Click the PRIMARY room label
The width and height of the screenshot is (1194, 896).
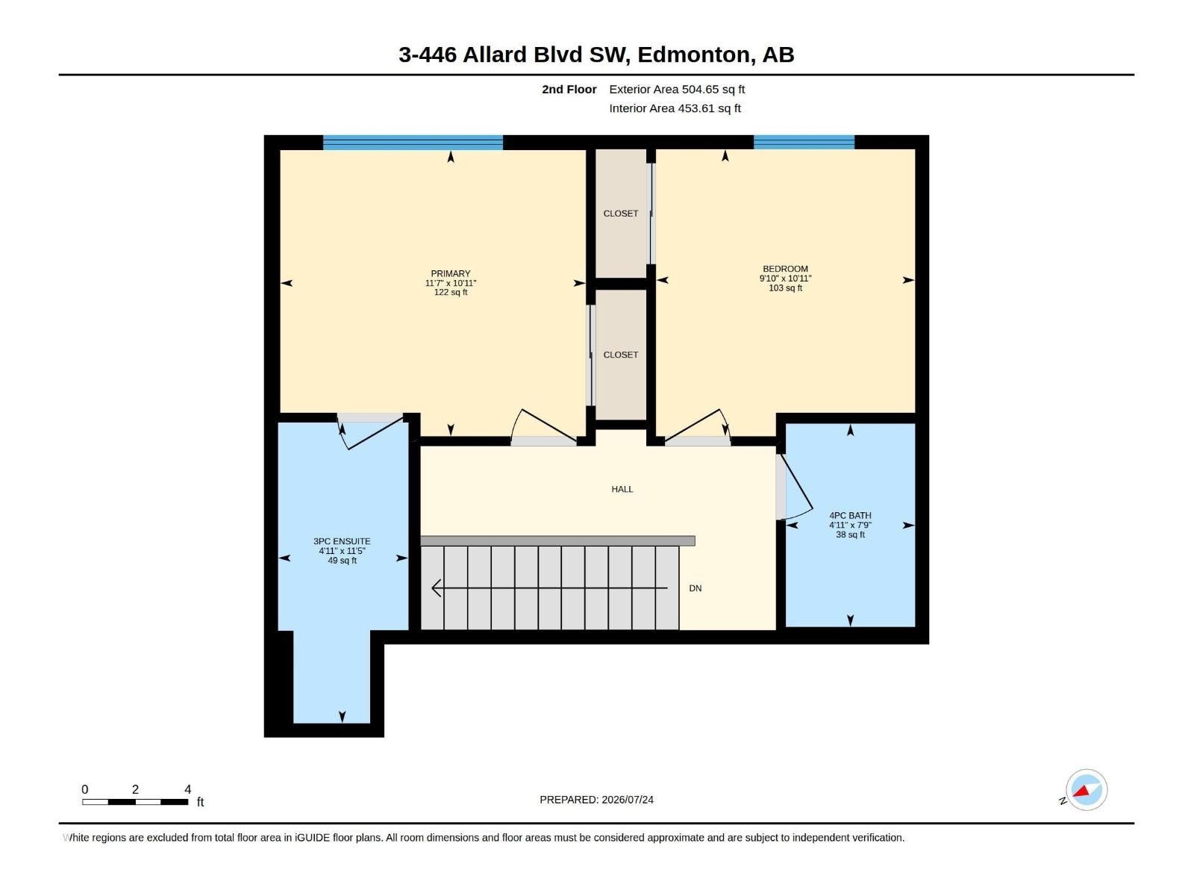[451, 273]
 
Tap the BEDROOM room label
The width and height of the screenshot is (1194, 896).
[785, 269]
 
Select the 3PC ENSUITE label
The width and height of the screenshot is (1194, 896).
[342, 541]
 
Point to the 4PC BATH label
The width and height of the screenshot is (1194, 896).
[850, 515]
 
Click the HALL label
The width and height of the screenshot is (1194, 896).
[622, 489]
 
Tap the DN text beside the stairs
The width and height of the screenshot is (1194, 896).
[696, 588]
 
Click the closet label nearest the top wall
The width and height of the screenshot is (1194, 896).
[621, 214]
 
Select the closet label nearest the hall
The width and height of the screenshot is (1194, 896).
[621, 355]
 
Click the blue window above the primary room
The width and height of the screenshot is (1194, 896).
[413, 143]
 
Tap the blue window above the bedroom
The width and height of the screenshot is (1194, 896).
[804, 142]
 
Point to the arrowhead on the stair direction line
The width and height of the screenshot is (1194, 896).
[436, 588]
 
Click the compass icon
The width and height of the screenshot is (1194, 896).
[1086, 790]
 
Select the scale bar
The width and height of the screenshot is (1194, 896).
[135, 802]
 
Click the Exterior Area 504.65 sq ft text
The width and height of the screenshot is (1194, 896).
[677, 89]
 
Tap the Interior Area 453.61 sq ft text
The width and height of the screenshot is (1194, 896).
[675, 108]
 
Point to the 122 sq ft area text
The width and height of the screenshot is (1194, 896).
[451, 292]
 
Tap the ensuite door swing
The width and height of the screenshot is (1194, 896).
[371, 432]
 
